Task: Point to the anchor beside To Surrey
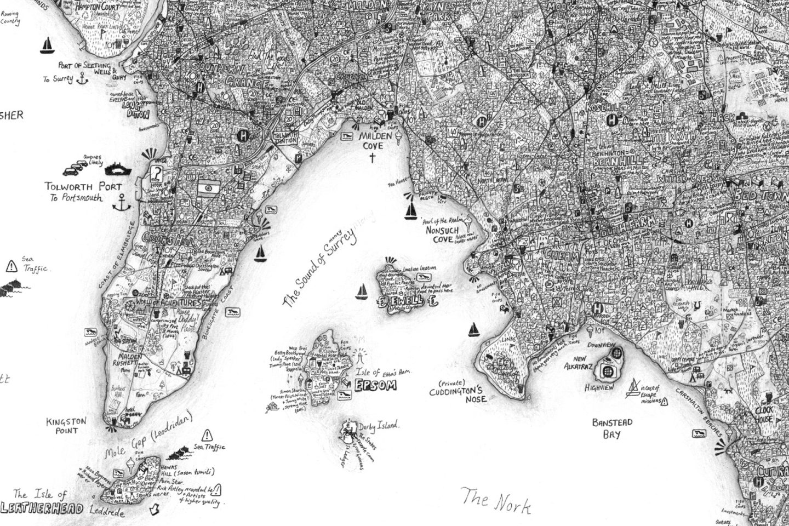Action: [82, 79]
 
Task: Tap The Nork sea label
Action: [496, 501]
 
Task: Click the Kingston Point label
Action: [66, 426]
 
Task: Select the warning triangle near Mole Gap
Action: [207, 436]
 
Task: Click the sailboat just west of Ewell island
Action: [362, 292]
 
